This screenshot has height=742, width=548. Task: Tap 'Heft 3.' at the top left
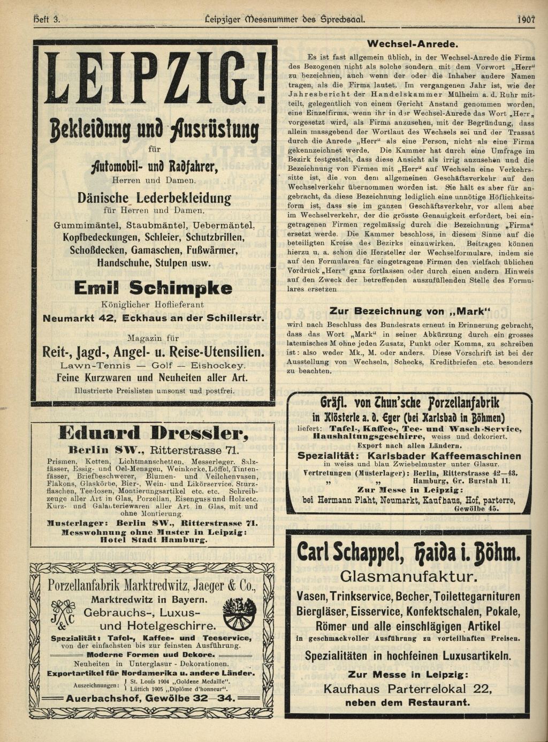coord(47,20)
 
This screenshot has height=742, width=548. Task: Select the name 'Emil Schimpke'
coord(153,288)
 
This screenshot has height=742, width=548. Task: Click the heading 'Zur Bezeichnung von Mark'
coord(410,311)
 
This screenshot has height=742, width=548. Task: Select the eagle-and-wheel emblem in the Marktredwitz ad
coord(239,614)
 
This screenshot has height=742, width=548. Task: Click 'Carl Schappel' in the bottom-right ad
coord(350,552)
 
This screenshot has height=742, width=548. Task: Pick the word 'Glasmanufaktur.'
coord(408,577)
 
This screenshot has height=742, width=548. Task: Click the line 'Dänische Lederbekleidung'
coord(154,198)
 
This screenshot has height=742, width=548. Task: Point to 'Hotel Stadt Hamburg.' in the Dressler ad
coord(154,540)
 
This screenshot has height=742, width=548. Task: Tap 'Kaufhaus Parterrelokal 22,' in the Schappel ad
coord(408,689)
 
